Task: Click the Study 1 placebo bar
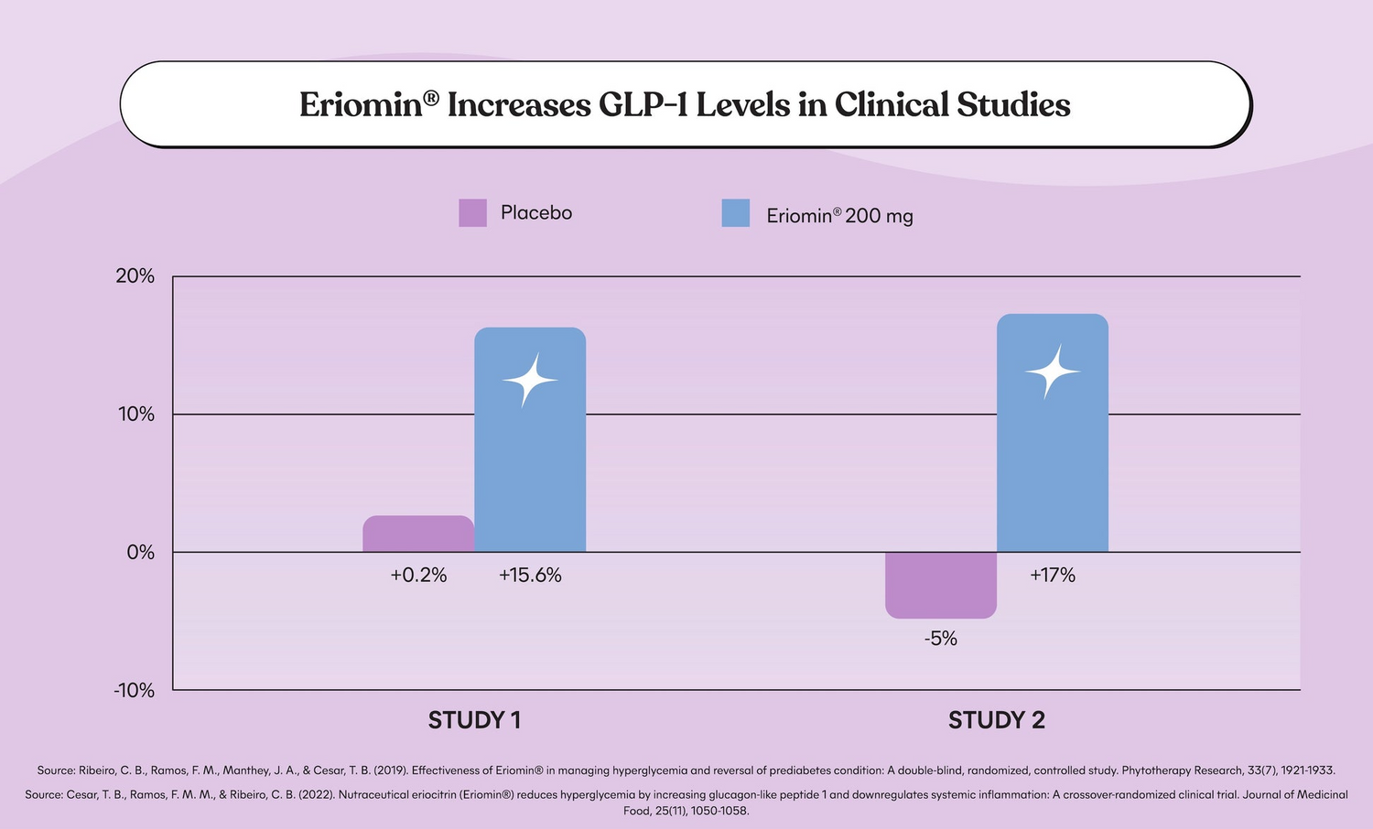pyautogui.click(x=418, y=534)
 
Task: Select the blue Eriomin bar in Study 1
pyautogui.click(x=530, y=439)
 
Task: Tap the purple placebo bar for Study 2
pyautogui.click(x=941, y=585)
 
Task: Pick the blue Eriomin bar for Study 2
pyautogui.click(x=1053, y=433)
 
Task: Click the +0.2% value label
pyautogui.click(x=418, y=576)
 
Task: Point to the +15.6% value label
pyautogui.click(x=530, y=576)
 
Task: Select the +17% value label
pyautogui.click(x=1053, y=576)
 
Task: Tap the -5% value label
pyautogui.click(x=941, y=639)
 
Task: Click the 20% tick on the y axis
pyautogui.click(x=135, y=276)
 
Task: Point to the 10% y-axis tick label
pyautogui.click(x=135, y=414)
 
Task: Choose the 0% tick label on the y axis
pyautogui.click(x=141, y=553)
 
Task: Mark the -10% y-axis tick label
pyautogui.click(x=134, y=691)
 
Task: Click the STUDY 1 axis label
pyautogui.click(x=474, y=720)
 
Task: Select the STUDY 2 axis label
pyautogui.click(x=997, y=720)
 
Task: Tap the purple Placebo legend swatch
pyautogui.click(x=472, y=213)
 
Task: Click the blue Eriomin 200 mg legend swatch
pyautogui.click(x=736, y=213)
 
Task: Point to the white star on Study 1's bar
pyautogui.click(x=529, y=380)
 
